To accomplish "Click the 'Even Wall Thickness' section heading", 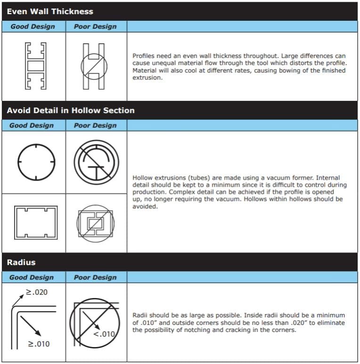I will tap(50, 11).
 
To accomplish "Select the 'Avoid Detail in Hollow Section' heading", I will tap(71, 110).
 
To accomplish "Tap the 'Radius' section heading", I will tap(21, 262).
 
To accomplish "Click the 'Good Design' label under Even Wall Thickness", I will tap(33, 26).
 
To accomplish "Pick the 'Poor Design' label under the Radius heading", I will tap(95, 277).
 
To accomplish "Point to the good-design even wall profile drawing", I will tap(35, 66).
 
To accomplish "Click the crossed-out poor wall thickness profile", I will tap(95, 66).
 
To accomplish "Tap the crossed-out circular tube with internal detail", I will tap(96, 163).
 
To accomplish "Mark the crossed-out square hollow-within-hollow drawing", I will tap(96, 223).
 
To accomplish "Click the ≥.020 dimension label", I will tap(36, 292).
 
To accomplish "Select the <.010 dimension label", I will tap(104, 334).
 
